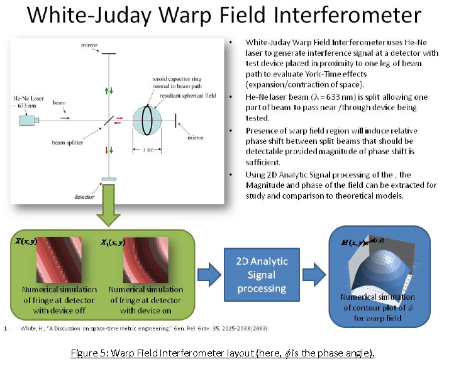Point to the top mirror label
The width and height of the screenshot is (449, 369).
87,45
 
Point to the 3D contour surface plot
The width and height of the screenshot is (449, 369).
382,258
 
